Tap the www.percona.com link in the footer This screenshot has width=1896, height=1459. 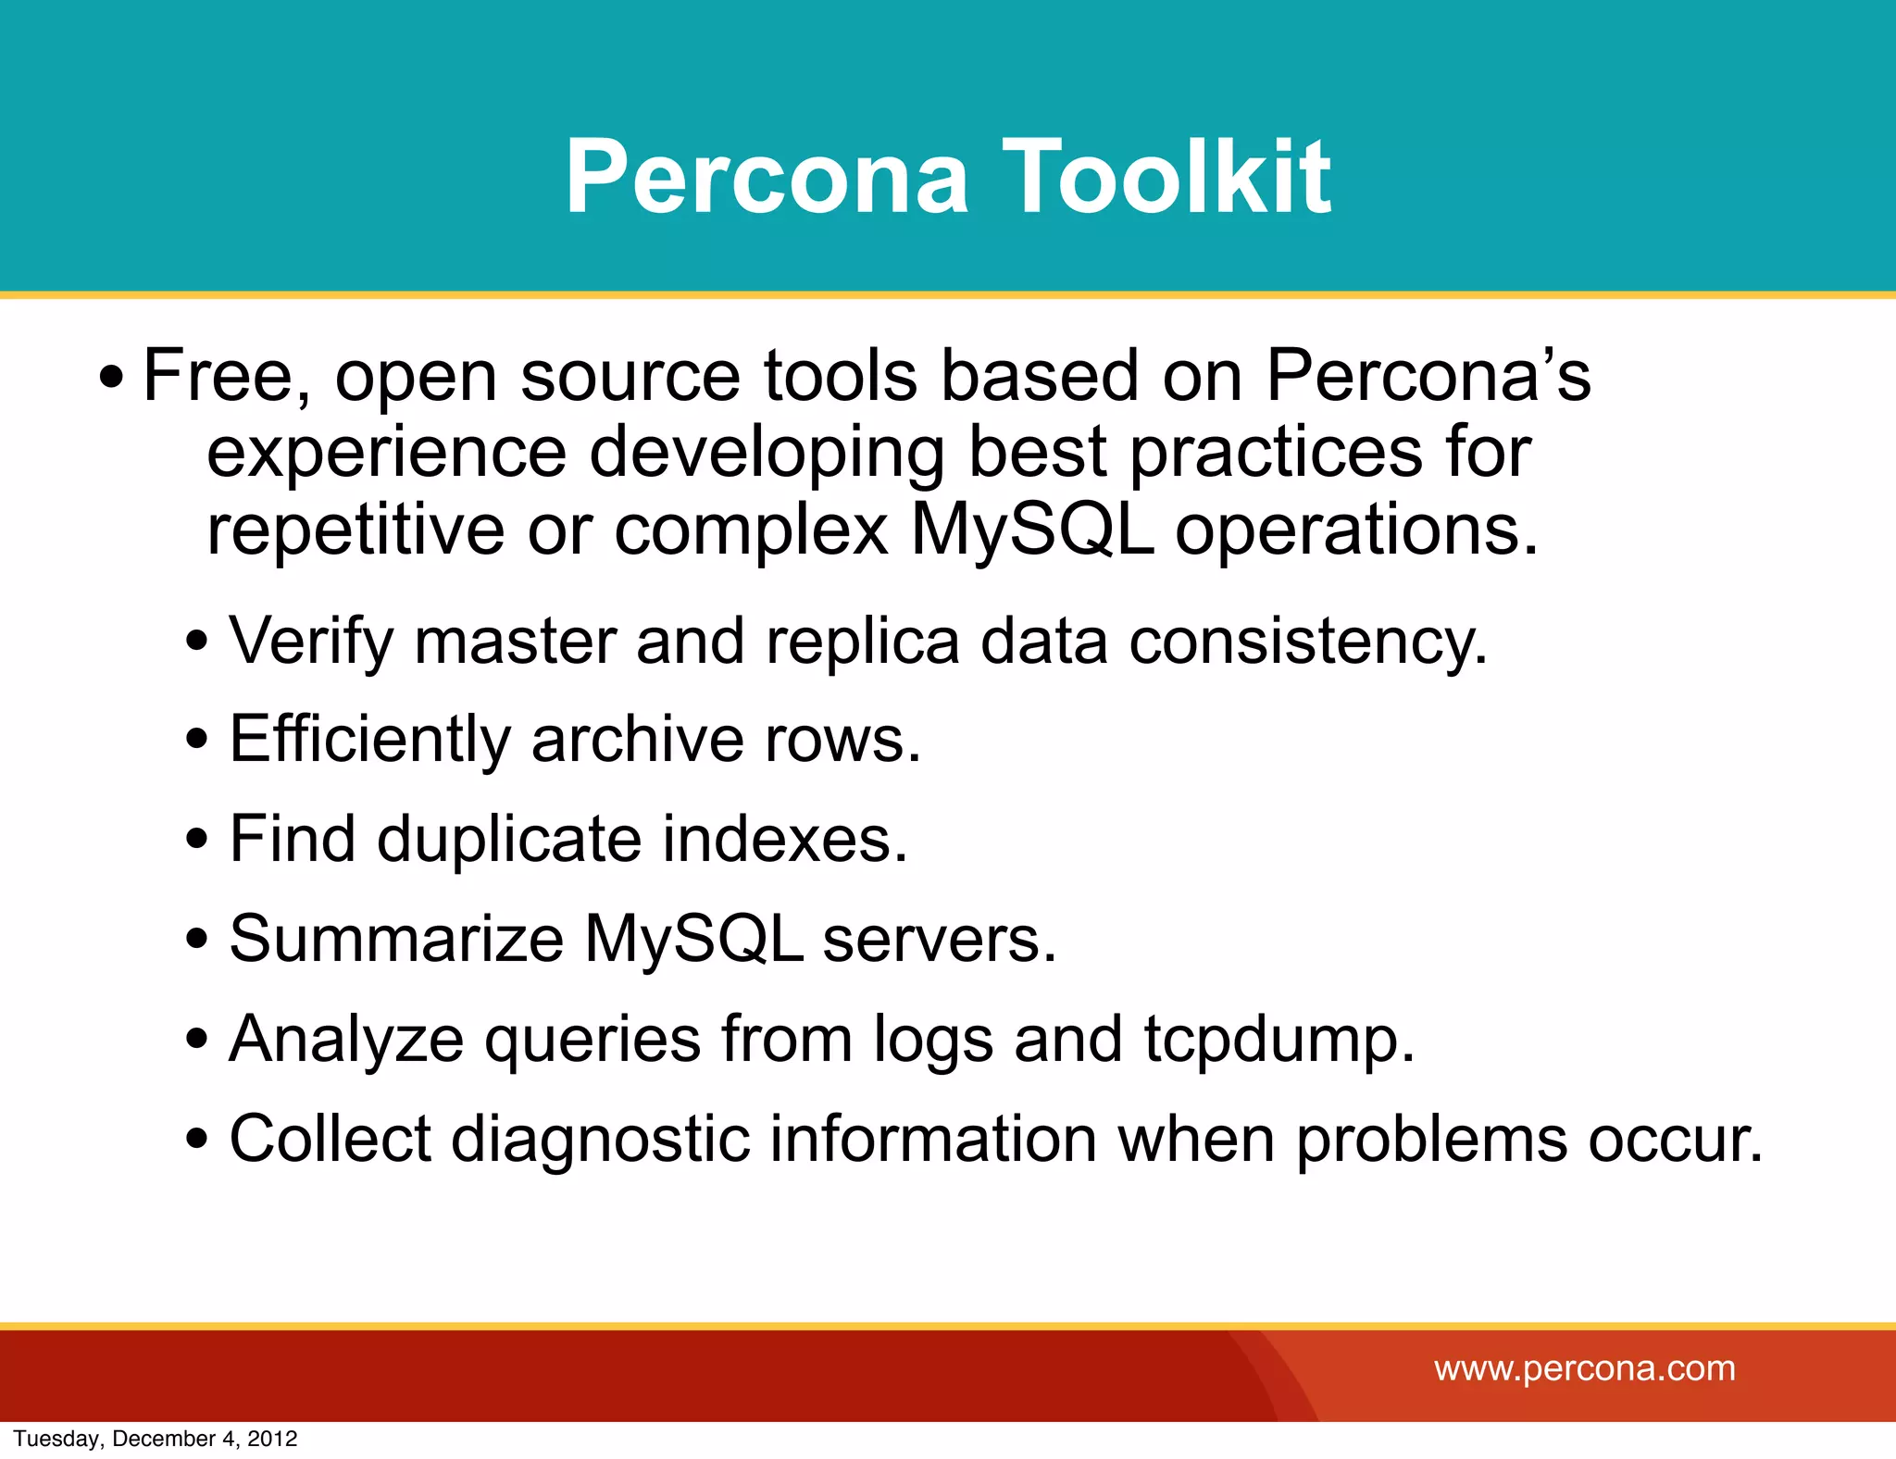point(1584,1368)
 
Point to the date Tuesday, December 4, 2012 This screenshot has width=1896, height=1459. point(156,1439)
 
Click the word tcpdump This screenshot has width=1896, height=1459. point(1279,1039)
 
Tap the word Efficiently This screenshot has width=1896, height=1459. point(369,740)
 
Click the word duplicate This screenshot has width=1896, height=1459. point(508,839)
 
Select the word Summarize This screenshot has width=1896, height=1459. point(396,939)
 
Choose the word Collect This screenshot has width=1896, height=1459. point(330,1138)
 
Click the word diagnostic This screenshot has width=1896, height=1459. point(600,1138)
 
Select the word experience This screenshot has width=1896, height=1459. point(386,453)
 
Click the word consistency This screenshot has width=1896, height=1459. point(1308,641)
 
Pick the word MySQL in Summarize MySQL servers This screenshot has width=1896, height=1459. point(693,939)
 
